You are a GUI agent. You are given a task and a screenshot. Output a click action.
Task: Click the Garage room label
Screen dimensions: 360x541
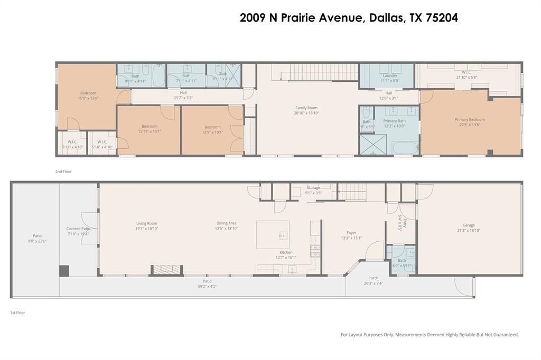(469, 228)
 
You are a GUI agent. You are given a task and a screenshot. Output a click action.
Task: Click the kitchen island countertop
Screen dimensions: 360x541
(273, 234)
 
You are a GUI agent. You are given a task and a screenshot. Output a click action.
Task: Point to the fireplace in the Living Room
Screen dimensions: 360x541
(167, 270)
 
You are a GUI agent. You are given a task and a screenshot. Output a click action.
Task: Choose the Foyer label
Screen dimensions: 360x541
(351, 233)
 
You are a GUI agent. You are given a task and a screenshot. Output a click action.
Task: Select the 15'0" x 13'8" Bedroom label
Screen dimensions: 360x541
(88, 96)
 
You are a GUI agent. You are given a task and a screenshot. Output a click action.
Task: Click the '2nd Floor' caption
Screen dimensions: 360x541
(63, 172)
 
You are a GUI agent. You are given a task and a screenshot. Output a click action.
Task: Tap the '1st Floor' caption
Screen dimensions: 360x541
(17, 312)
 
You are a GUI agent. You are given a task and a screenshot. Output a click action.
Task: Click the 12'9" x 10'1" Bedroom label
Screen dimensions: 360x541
(212, 129)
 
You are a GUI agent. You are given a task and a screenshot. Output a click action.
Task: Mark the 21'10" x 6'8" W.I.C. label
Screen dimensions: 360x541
(466, 75)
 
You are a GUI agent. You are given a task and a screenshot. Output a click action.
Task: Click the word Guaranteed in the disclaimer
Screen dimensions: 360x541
(503, 335)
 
